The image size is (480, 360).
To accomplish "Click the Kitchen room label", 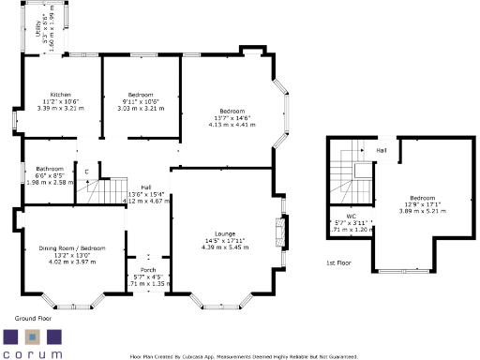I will pyautogui.click(x=61, y=96).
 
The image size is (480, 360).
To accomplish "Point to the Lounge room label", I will pyautogui.click(x=224, y=232).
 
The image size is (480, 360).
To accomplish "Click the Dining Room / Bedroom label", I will pyautogui.click(x=72, y=247).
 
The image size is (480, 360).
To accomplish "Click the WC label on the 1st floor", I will pyautogui.click(x=352, y=216).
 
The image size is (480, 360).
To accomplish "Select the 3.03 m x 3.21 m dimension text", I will pyautogui.click(x=141, y=108).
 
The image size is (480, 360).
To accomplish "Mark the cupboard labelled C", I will pyautogui.click(x=87, y=172).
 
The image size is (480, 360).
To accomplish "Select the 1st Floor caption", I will pyautogui.click(x=338, y=263).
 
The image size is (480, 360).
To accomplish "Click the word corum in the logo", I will pyautogui.click(x=33, y=353).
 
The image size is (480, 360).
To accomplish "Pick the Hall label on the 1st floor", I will pyautogui.click(x=382, y=149).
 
